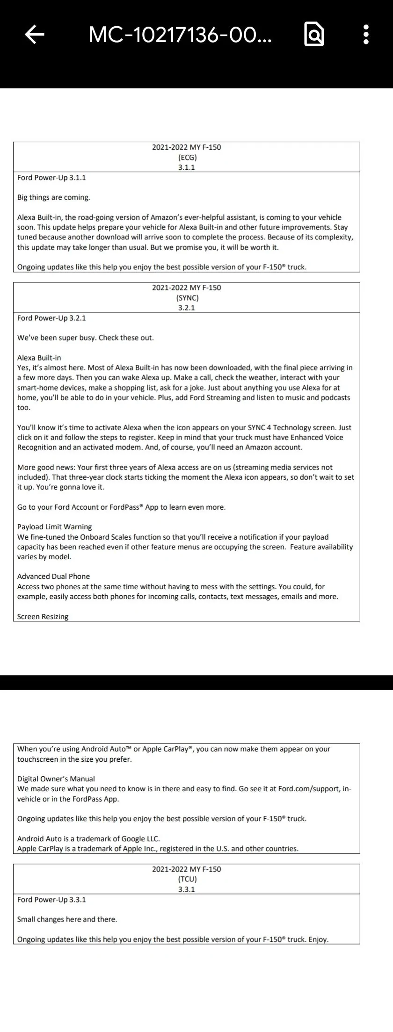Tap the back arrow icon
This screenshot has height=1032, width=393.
(34, 34)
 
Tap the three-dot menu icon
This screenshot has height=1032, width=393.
(366, 34)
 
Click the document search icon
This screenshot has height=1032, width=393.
(314, 34)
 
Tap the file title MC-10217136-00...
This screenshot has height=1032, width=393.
(180, 34)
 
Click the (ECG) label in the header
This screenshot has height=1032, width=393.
(187, 158)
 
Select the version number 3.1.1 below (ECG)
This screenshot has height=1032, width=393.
(187, 167)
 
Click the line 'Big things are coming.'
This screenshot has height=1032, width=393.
(54, 197)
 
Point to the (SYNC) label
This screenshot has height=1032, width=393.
(187, 298)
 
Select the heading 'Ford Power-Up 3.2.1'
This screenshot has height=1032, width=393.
(51, 318)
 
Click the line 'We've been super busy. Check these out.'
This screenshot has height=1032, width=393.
(85, 338)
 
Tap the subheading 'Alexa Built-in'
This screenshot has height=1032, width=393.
(39, 358)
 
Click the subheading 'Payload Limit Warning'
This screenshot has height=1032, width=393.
(54, 527)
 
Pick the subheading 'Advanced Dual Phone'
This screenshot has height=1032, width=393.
(53, 577)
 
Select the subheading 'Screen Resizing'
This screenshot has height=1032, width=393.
(43, 617)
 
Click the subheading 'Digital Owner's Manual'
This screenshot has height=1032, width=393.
(56, 779)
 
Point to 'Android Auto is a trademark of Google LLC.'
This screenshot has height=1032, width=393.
(88, 839)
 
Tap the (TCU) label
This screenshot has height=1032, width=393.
(187, 880)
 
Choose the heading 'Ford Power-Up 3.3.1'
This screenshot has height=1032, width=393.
(51, 900)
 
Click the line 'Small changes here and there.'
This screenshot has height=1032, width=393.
(67, 919)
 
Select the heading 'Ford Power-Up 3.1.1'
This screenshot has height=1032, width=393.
(51, 178)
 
